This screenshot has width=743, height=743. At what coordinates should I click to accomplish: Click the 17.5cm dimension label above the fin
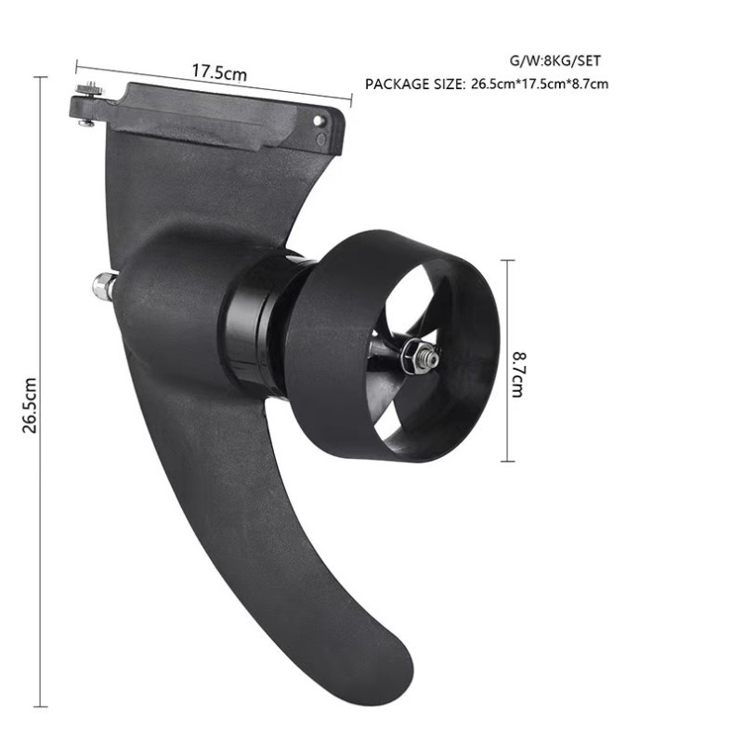(x=219, y=72)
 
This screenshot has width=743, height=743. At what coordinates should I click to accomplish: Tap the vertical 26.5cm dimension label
(x=30, y=405)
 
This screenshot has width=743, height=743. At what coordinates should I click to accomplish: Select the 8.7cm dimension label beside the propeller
(x=519, y=374)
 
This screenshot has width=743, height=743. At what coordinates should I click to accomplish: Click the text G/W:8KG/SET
(x=554, y=60)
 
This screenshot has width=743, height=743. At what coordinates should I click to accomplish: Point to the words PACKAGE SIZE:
(x=415, y=84)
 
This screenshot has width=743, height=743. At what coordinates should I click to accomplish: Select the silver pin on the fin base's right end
(x=319, y=122)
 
